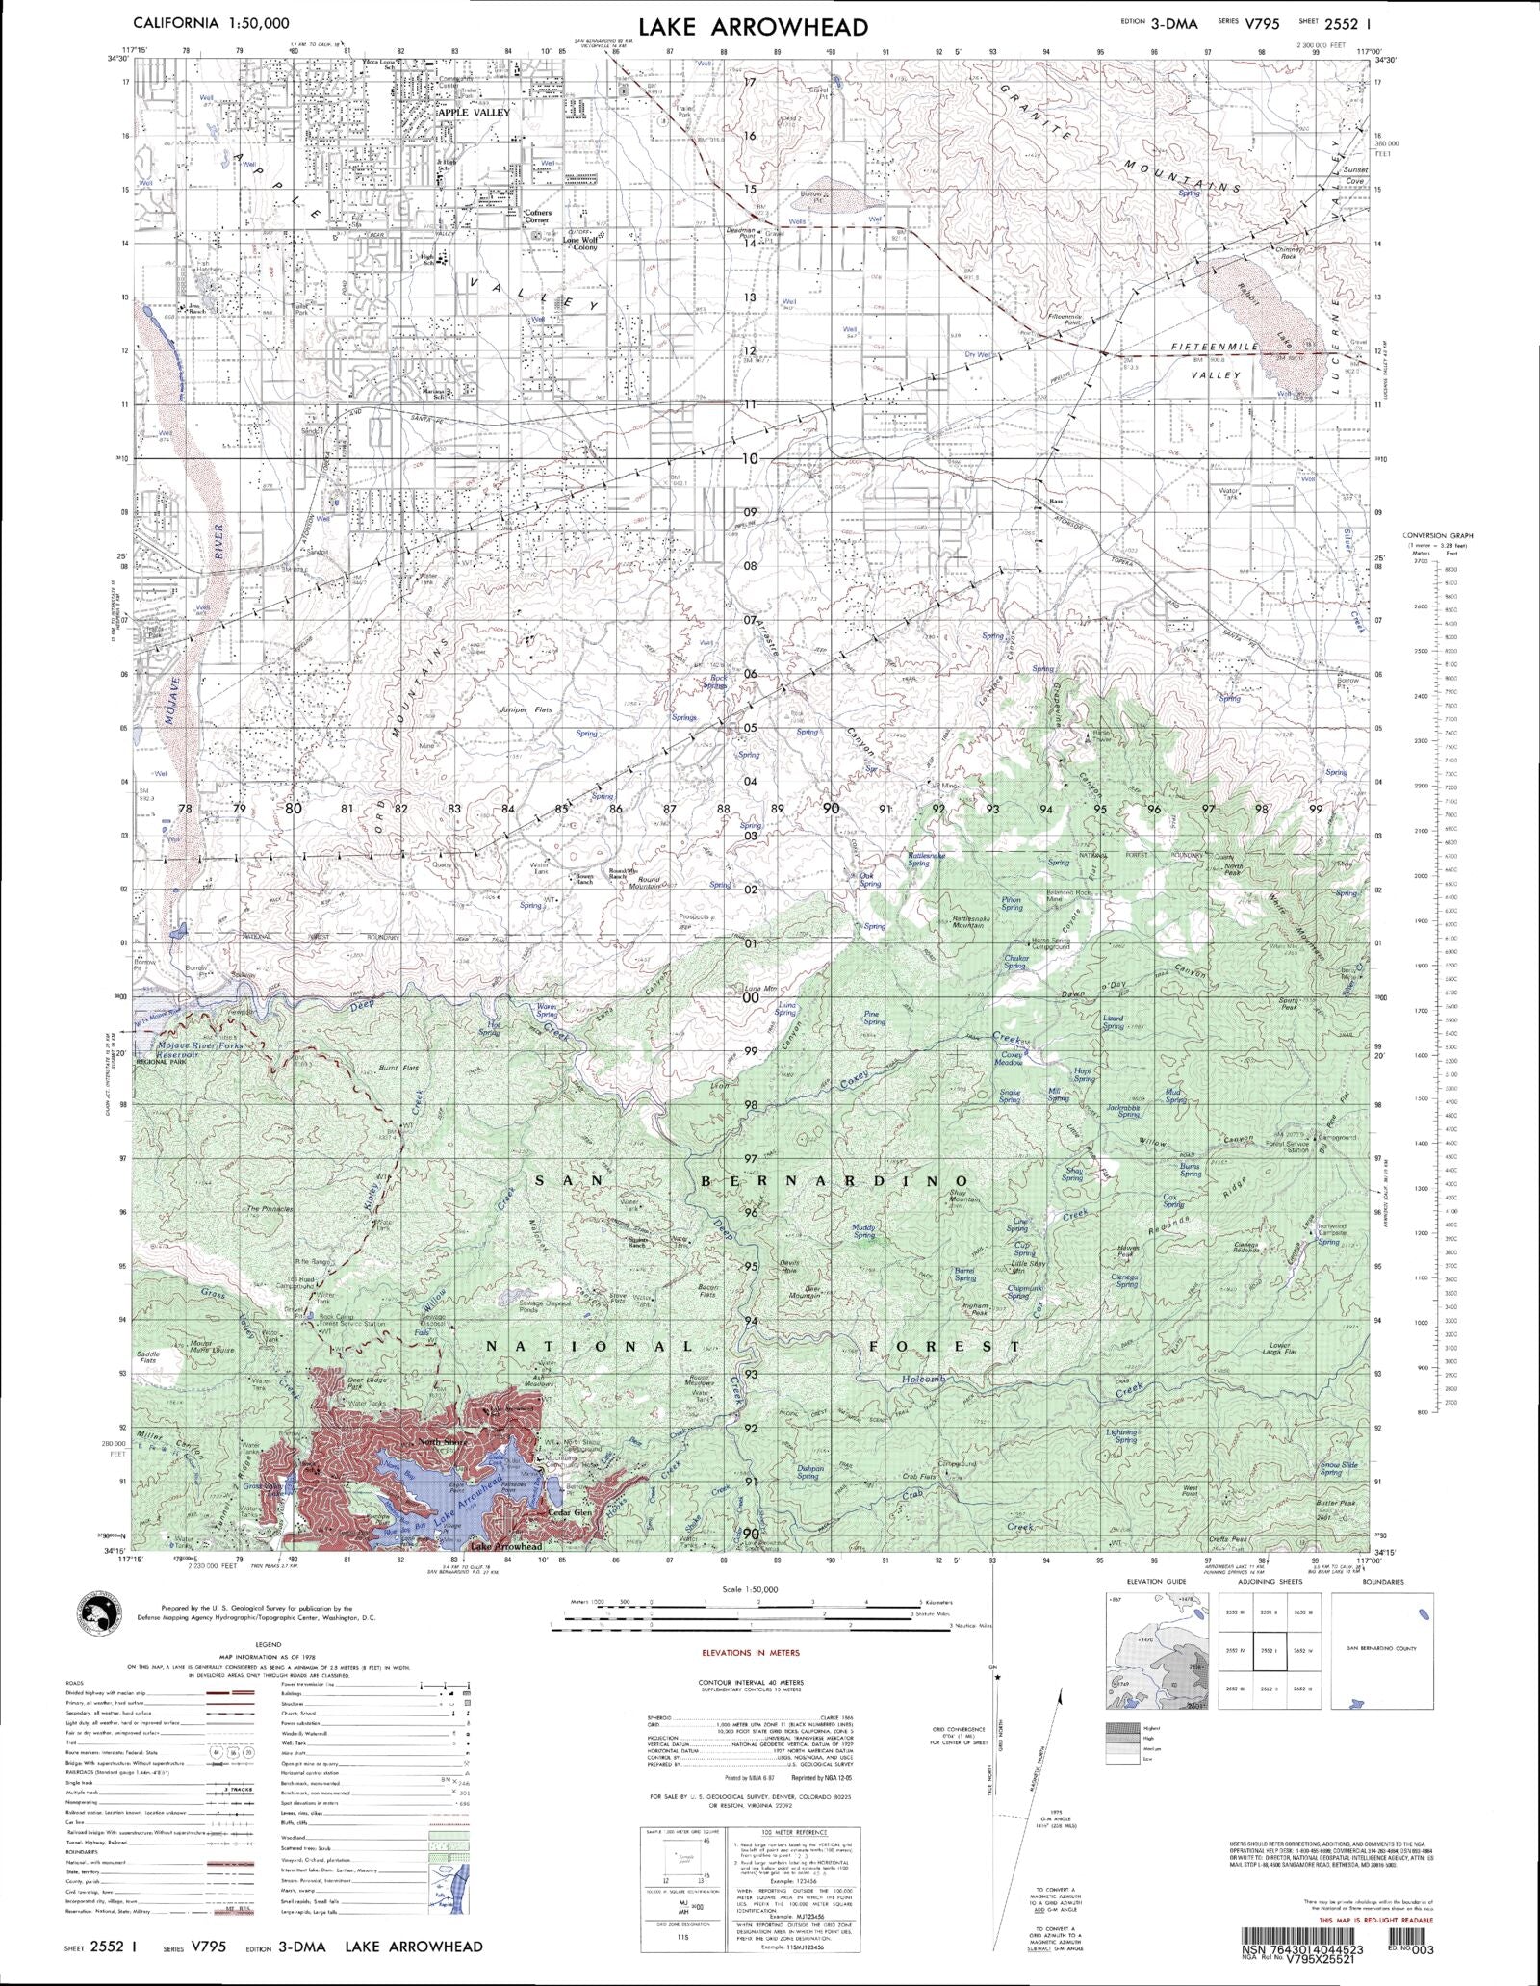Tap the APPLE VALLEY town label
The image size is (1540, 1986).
click(475, 113)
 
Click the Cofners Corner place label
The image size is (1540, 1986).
click(537, 216)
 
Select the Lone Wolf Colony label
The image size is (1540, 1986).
click(580, 244)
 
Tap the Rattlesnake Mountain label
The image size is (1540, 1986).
click(981, 920)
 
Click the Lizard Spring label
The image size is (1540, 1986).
click(1113, 1021)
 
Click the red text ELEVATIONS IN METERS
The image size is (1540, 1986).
click(751, 1652)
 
